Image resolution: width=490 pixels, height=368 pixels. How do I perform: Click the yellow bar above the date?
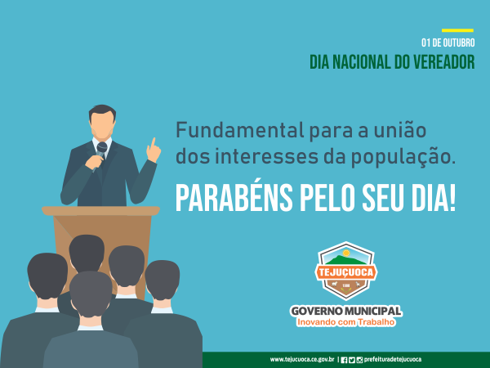pyautogui.click(x=457, y=30)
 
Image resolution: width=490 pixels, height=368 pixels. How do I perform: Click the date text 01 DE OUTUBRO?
pyautogui.click(x=448, y=43)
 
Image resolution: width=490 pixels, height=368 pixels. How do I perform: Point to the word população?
pyautogui.click(x=403, y=158)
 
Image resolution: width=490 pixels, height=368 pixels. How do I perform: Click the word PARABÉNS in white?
pyautogui.click(x=234, y=198)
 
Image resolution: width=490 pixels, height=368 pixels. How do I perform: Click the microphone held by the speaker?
pyautogui.click(x=100, y=155)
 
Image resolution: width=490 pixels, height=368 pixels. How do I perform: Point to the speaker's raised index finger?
pyautogui.click(x=153, y=143)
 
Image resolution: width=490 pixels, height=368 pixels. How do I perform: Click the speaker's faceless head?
pyautogui.click(x=102, y=123)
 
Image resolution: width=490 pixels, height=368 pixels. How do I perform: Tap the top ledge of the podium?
pyautogui.click(x=100, y=211)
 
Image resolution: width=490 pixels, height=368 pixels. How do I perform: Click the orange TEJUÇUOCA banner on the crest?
pyautogui.click(x=346, y=272)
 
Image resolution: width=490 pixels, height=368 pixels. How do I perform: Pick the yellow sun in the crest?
pyautogui.click(x=346, y=253)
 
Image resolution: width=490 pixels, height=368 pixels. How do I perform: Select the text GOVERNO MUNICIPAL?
pyautogui.click(x=346, y=311)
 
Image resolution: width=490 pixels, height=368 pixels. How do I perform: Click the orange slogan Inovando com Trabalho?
pyautogui.click(x=345, y=322)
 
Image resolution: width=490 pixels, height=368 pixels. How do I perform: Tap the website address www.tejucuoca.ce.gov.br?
pyautogui.click(x=302, y=360)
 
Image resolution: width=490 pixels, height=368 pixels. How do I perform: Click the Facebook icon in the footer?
pyautogui.click(x=344, y=360)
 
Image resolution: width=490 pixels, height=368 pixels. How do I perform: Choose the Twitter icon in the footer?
pyautogui.click(x=352, y=360)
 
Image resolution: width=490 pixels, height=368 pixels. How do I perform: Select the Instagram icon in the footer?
pyautogui.click(x=359, y=360)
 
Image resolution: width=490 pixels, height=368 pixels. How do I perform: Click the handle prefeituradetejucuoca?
pyautogui.click(x=393, y=360)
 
